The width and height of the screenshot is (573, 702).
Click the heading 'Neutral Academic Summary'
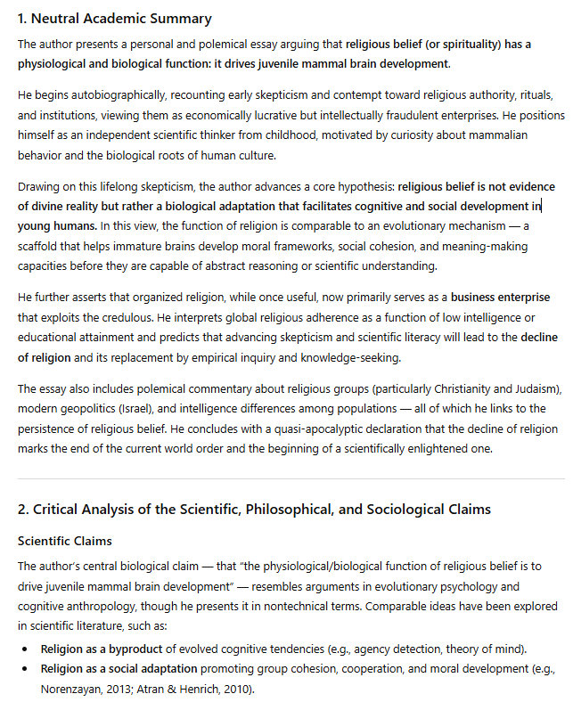pyautogui.click(x=122, y=18)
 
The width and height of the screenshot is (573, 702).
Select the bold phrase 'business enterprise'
pyautogui.click(x=500, y=297)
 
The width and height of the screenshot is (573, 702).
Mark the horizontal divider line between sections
pyautogui.click(x=286, y=479)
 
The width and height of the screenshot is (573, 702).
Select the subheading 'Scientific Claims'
pyautogui.click(x=63, y=541)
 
